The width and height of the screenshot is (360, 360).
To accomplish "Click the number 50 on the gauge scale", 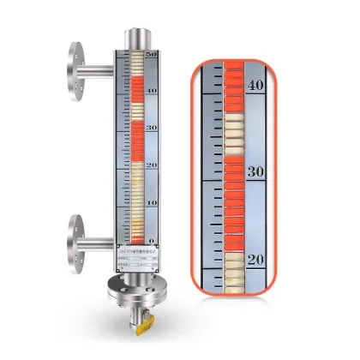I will [x=152, y=55].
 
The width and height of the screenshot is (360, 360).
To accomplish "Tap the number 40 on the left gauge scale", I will [x=152, y=90].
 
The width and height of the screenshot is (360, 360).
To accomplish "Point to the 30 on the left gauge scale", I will [x=152, y=128].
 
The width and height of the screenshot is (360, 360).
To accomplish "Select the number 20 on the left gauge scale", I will [x=152, y=165].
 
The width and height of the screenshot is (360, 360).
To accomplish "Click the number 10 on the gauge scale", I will [x=152, y=202].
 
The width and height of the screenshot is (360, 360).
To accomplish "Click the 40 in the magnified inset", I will [x=255, y=85].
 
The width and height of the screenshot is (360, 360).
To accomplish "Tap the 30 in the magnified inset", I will [x=255, y=171].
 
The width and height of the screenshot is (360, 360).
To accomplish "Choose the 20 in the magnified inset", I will [x=255, y=258].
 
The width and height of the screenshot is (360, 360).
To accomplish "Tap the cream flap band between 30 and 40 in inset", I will [x=231, y=129].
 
